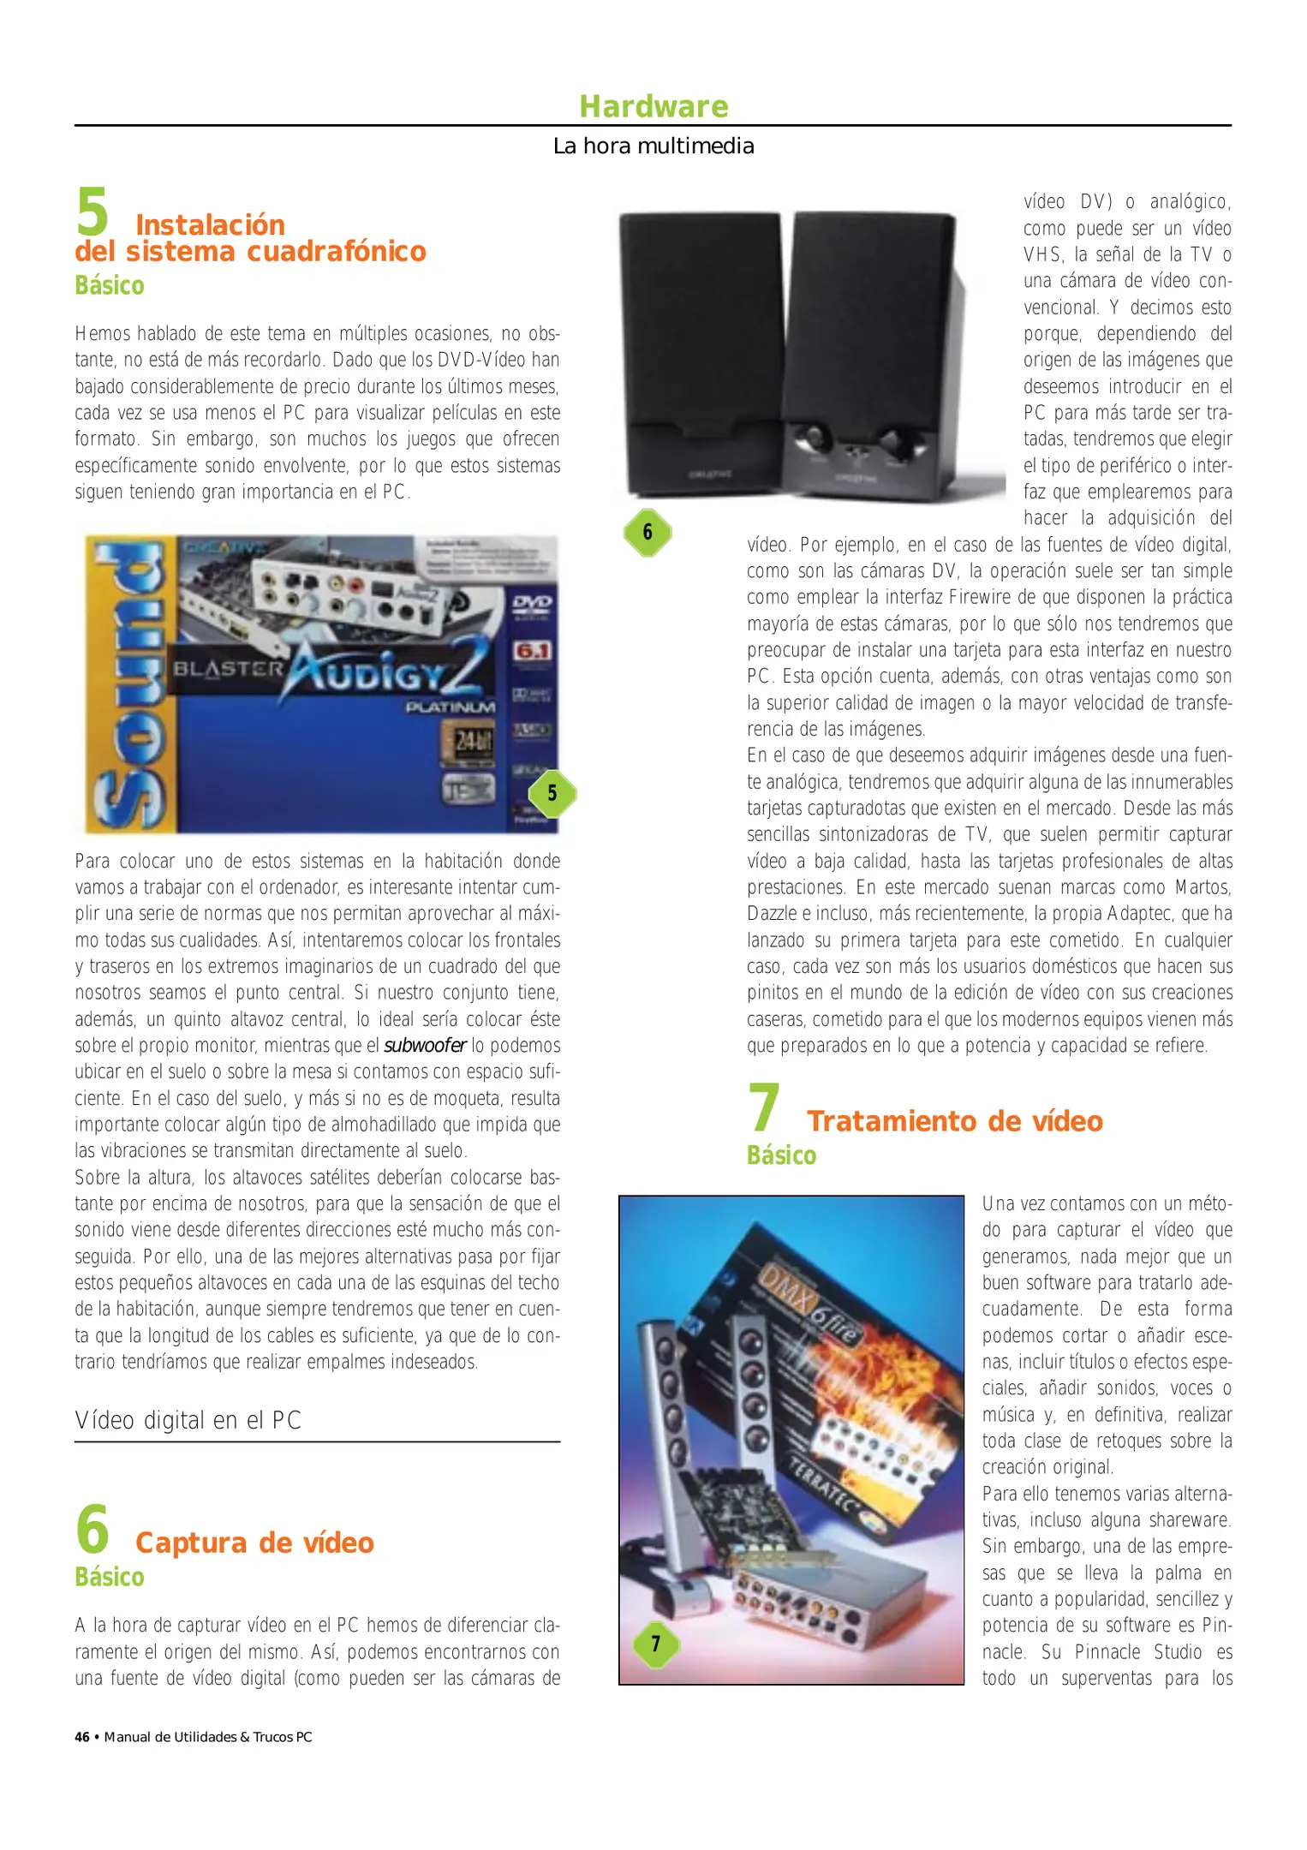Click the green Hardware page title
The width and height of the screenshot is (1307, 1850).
point(653,107)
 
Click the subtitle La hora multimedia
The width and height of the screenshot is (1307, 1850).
point(653,146)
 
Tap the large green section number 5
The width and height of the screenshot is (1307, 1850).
point(93,214)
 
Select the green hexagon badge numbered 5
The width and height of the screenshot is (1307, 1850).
point(552,793)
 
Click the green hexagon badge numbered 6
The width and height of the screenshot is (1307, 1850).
point(648,533)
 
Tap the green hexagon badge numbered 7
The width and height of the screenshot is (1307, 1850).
point(656,1644)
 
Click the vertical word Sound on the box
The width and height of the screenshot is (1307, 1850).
point(128,685)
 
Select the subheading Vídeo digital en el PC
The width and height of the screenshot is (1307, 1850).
point(188,1420)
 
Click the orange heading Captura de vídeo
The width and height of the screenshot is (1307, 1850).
point(254,1543)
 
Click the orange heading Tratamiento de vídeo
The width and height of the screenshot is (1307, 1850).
point(954,1121)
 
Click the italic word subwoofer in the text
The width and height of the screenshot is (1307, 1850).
point(425,1046)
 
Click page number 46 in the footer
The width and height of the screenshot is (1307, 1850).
point(82,1737)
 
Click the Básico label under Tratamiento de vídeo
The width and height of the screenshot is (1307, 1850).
point(781,1155)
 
